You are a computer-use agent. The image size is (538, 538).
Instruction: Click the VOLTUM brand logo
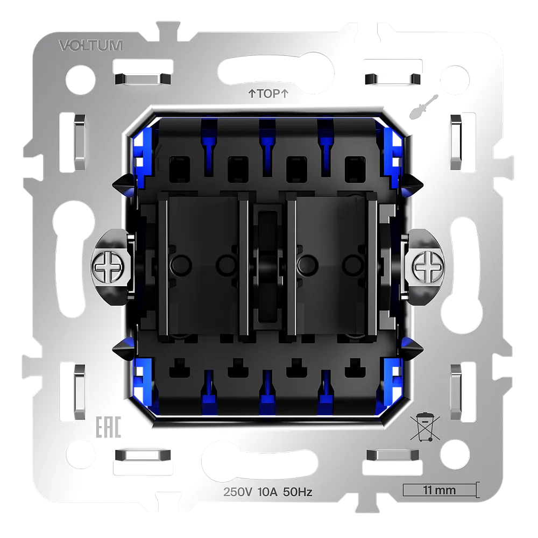(90, 45)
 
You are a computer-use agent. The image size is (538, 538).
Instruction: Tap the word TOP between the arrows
(268, 93)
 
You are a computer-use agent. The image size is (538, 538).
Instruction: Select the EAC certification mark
(108, 427)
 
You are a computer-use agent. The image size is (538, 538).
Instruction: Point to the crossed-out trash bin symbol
(425, 427)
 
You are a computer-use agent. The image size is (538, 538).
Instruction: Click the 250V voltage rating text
(238, 492)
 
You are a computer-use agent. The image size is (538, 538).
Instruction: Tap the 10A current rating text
(267, 492)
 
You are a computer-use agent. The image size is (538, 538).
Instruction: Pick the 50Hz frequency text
(298, 492)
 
